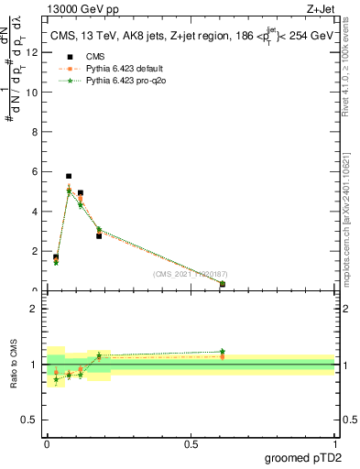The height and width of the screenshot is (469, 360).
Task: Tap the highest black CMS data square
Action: click(69, 176)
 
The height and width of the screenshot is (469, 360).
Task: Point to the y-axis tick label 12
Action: click(33, 52)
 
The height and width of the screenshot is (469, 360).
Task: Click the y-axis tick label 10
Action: click(33, 92)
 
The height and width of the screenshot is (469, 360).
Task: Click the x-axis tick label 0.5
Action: click(191, 444)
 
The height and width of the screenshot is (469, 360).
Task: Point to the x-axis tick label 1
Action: click(333, 444)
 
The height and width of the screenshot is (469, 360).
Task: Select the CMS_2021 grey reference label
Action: click(190, 273)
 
